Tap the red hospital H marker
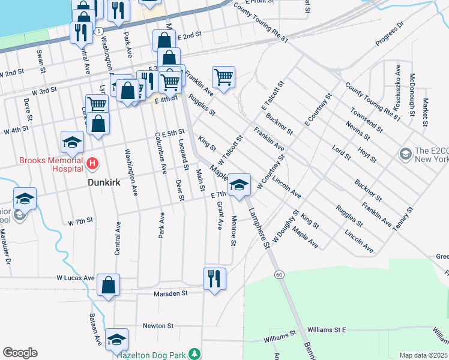coord(92,163)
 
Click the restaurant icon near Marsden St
coord(214,278)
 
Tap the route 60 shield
coord(279,274)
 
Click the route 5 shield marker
coord(99,30)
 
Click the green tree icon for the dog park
coord(194,354)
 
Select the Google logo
coord(20,353)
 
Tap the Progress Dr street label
coord(390,35)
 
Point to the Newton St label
coord(158,326)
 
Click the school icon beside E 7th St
coord(240,184)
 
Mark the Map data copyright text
coord(423,355)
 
